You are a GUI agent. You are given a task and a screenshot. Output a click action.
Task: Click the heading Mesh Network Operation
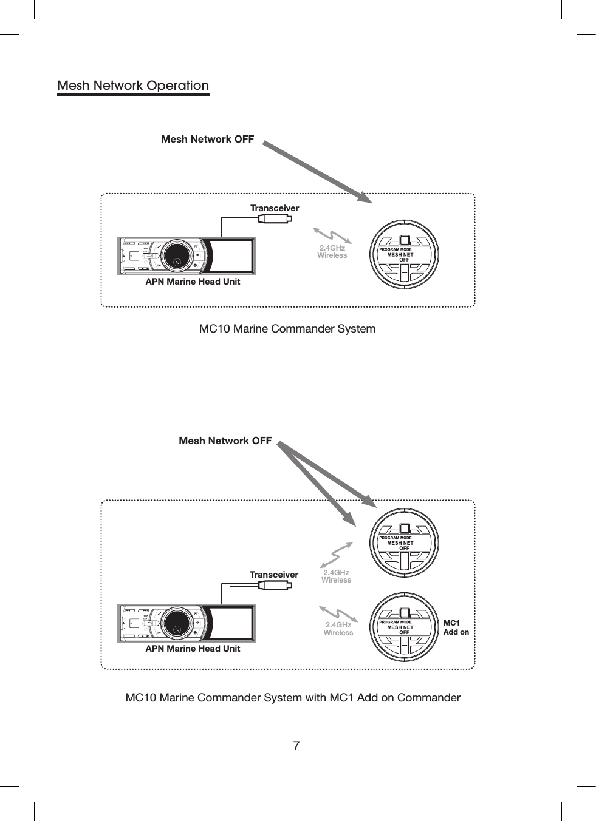tap(132, 86)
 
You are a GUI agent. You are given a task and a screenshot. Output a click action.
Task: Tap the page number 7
tap(296, 746)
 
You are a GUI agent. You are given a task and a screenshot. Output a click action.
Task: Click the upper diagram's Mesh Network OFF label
tap(207, 139)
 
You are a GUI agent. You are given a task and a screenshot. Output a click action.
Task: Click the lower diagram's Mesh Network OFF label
tap(225, 441)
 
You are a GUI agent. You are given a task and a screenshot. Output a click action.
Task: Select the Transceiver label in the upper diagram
tap(275, 208)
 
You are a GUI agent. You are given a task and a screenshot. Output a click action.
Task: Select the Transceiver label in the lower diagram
tap(274, 575)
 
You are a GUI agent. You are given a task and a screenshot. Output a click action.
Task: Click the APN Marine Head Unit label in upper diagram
tap(193, 282)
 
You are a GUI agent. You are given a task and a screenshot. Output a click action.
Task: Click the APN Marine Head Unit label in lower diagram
tap(193, 649)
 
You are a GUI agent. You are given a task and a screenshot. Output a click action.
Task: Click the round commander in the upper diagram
tap(404, 254)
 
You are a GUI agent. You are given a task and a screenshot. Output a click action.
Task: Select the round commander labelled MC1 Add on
tap(404, 627)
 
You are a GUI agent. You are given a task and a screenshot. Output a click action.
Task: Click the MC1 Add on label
tap(456, 627)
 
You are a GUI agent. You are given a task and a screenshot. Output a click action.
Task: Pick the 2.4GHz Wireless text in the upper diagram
tap(332, 252)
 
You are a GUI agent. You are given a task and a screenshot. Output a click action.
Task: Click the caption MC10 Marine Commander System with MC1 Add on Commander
tap(292, 698)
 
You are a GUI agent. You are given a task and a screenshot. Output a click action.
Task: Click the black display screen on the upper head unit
tap(231, 255)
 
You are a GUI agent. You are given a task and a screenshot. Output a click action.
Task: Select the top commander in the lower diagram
tap(404, 542)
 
